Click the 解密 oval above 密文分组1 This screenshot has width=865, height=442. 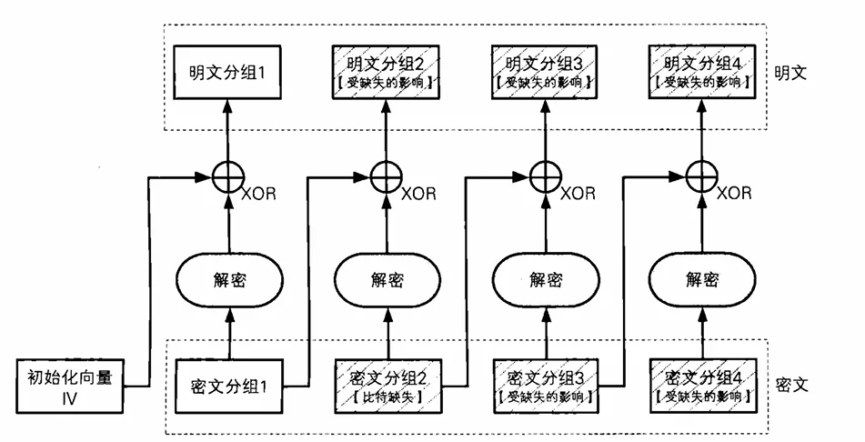226,279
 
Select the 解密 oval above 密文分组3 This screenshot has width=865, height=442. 544,279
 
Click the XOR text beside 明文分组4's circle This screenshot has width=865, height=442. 734,194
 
